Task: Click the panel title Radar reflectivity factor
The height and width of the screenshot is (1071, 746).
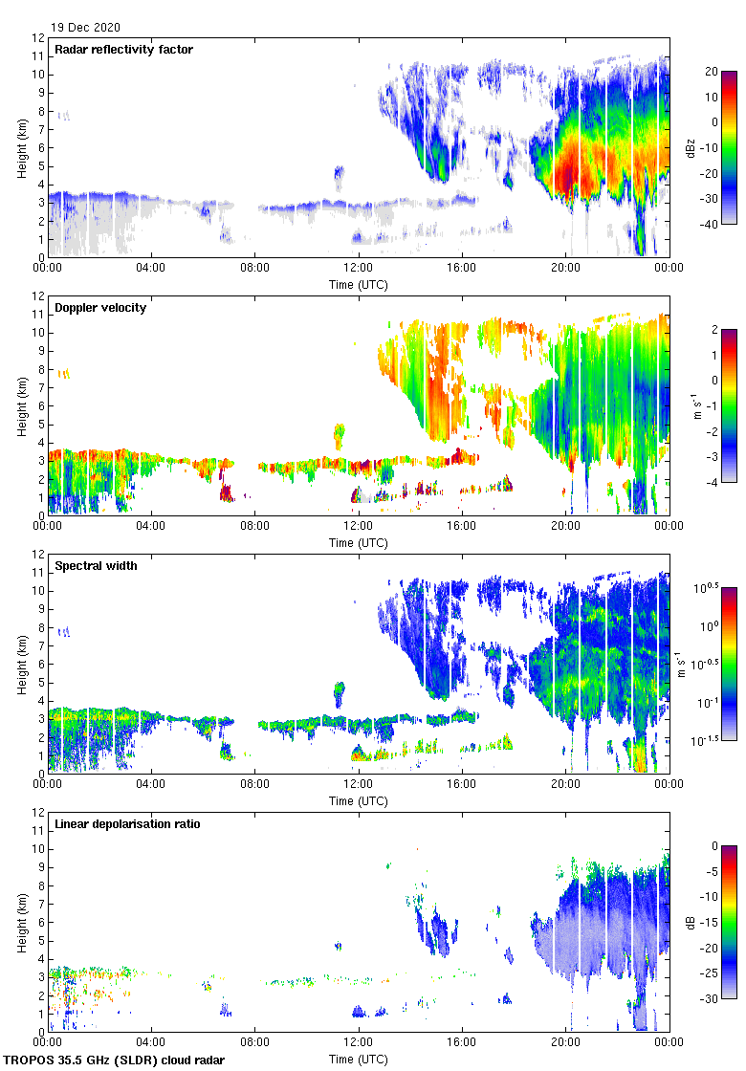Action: pyautogui.click(x=124, y=49)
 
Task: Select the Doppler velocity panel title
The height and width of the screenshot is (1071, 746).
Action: pyautogui.click(x=100, y=307)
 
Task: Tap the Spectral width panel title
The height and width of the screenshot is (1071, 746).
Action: pyautogui.click(x=97, y=565)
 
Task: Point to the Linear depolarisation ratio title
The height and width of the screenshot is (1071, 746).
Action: pyautogui.click(x=127, y=823)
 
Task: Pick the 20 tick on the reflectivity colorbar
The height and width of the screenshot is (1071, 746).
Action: pyautogui.click(x=710, y=71)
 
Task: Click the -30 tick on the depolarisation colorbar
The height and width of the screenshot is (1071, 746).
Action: pyautogui.click(x=712, y=999)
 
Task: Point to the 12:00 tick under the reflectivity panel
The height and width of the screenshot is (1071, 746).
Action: pyautogui.click(x=359, y=269)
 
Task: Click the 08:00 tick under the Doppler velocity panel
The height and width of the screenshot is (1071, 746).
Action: pyautogui.click(x=254, y=527)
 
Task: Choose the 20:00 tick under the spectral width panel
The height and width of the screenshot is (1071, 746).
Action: pyautogui.click(x=565, y=785)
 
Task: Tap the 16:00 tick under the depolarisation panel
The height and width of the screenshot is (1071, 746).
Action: pyautogui.click(x=462, y=1043)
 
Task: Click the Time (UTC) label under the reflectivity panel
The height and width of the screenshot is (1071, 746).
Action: pyautogui.click(x=359, y=284)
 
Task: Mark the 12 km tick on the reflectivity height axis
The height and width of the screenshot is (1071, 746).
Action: pyautogui.click(x=38, y=38)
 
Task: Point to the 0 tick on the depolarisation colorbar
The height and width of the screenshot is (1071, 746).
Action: pyautogui.click(x=710, y=846)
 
